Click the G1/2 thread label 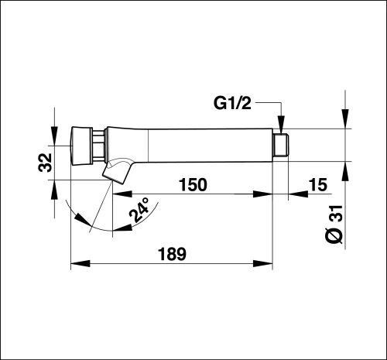click(x=232, y=103)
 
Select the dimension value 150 click(x=193, y=184)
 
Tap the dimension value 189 click(x=172, y=254)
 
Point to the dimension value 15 click(x=318, y=184)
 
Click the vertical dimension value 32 click(x=45, y=163)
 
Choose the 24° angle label click(x=139, y=210)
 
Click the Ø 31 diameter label click(x=335, y=225)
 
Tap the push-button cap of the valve click(x=82, y=146)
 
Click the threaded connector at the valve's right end click(x=281, y=145)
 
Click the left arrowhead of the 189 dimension click(x=80, y=263)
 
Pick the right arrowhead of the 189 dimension click(x=263, y=263)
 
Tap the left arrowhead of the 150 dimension click(x=122, y=194)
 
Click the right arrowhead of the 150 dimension click(x=263, y=194)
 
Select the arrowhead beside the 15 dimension click(x=298, y=194)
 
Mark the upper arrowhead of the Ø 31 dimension click(x=345, y=118)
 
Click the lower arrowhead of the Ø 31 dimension click(x=345, y=171)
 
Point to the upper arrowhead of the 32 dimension click(x=54, y=136)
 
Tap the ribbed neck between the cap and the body click(x=99, y=146)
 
